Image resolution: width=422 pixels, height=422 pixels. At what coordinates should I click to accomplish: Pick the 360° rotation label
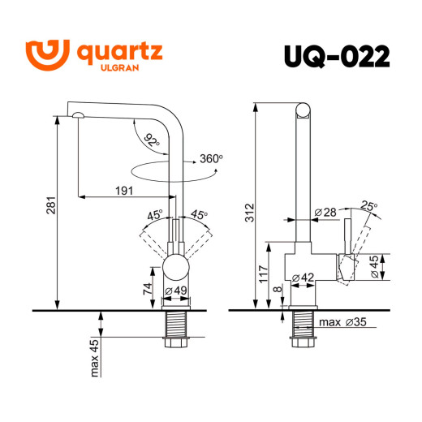point(210,158)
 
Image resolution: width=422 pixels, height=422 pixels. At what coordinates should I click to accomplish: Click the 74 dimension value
point(148,289)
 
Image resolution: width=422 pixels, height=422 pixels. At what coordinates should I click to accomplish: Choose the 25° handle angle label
point(370,207)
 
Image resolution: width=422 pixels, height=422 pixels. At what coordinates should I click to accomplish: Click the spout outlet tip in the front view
point(75,116)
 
